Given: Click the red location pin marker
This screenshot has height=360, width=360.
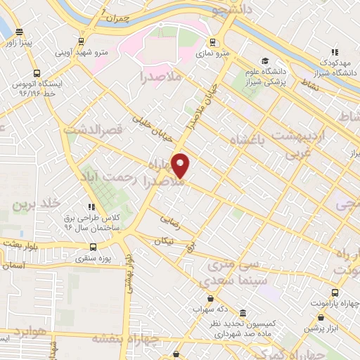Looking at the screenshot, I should coord(181,165).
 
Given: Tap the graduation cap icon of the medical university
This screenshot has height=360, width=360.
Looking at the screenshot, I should coord(265,61).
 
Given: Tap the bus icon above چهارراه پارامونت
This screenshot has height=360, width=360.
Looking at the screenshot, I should coord(335,292).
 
